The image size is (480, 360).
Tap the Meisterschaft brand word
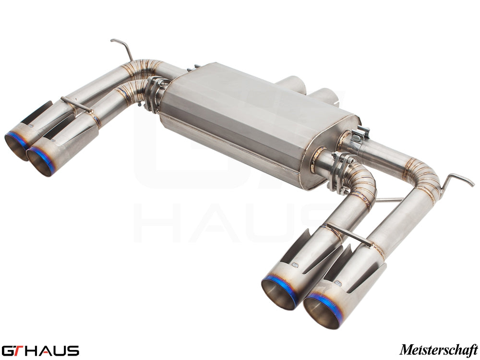(439, 348)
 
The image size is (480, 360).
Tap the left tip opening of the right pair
(279, 291)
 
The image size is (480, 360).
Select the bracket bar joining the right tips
(349, 235)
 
